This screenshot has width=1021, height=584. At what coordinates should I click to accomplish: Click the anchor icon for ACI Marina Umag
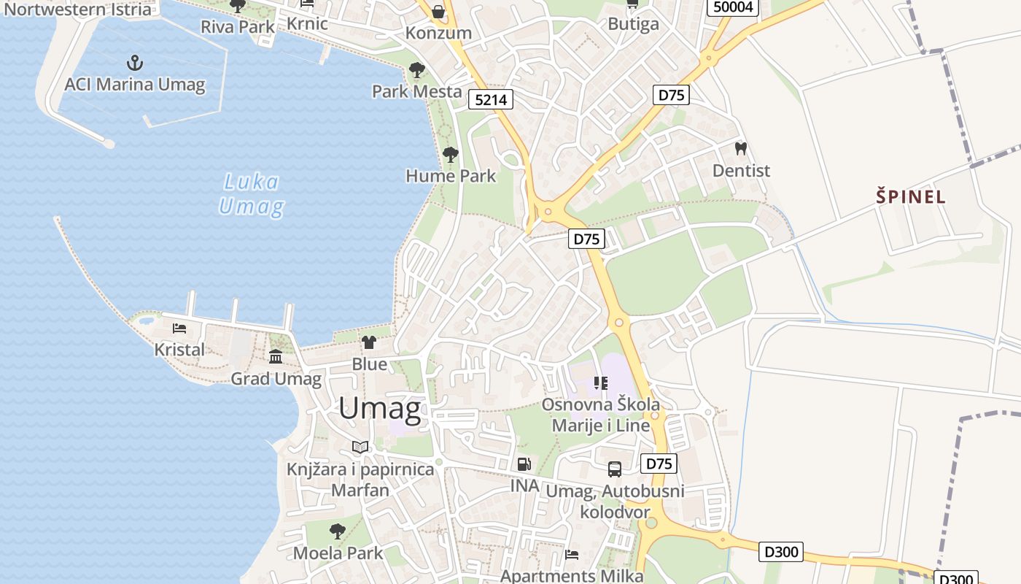tap(134, 62)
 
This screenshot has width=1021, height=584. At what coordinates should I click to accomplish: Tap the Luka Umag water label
tap(252, 194)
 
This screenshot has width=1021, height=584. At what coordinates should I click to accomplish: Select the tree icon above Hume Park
tap(451, 154)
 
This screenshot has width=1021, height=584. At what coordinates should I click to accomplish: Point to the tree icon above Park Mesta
tap(417, 70)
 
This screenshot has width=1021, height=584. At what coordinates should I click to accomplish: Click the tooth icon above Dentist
tap(741, 149)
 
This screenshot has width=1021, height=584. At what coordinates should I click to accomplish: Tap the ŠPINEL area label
tap(911, 196)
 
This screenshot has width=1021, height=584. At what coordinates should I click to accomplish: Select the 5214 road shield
tap(491, 99)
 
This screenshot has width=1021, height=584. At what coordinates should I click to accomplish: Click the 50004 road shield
tap(734, 7)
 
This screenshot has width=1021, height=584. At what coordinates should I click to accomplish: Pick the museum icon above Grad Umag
tap(276, 357)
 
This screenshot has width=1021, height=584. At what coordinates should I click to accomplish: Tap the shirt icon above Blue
tap(369, 342)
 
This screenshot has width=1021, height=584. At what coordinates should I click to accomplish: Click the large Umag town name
tap(380, 408)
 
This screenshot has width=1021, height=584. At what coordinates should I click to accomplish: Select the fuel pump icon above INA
tap(524, 464)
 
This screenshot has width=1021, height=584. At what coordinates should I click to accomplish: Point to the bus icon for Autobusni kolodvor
tap(615, 469)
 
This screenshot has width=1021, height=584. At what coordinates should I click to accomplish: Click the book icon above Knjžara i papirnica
tap(360, 447)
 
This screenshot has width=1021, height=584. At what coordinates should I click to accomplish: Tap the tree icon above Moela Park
tap(337, 531)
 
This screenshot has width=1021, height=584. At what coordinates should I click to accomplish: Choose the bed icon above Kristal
tap(179, 328)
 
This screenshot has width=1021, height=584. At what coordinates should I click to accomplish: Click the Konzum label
tap(438, 33)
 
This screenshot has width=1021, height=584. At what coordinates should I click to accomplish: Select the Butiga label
tap(633, 23)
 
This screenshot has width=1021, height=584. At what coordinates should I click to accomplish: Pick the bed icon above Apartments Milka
tap(572, 555)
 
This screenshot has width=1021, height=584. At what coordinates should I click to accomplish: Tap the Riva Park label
tap(238, 27)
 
